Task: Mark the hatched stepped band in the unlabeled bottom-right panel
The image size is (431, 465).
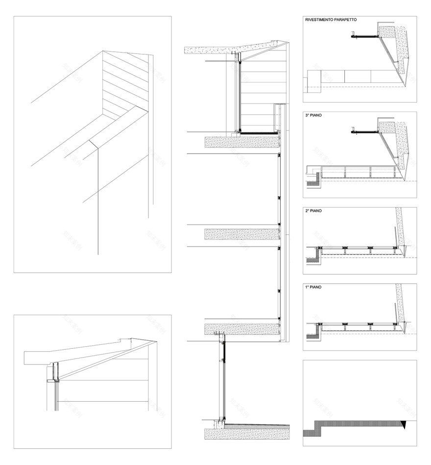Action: [x=343, y=425]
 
